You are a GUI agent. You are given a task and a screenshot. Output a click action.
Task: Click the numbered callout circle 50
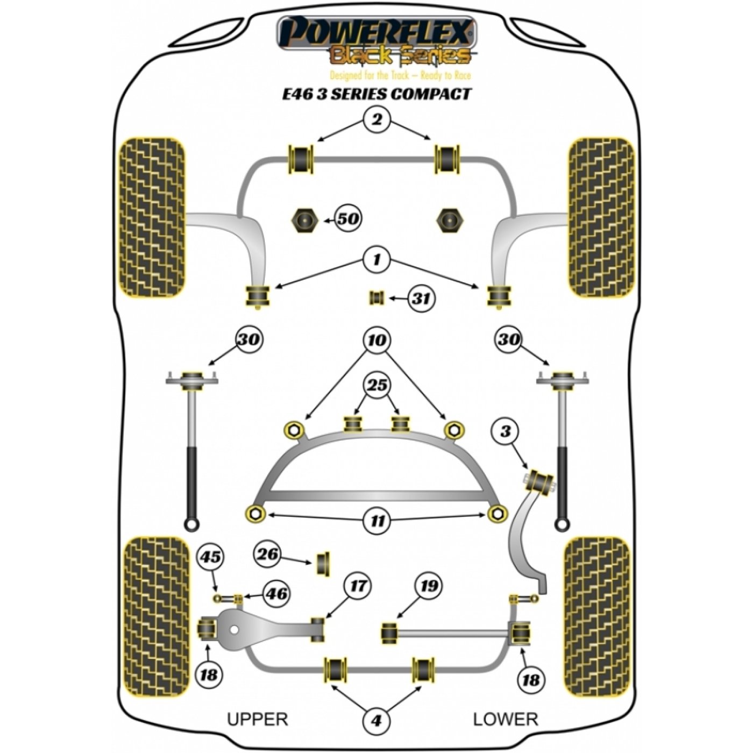pyautogui.click(x=348, y=219)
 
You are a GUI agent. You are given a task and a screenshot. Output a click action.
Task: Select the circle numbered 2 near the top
pyautogui.click(x=376, y=119)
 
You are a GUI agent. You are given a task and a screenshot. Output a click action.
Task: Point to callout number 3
pyautogui.click(x=506, y=431)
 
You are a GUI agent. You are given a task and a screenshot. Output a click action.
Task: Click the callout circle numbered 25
pyautogui.click(x=377, y=385)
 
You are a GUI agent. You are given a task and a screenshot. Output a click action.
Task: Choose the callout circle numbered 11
pyautogui.click(x=377, y=521)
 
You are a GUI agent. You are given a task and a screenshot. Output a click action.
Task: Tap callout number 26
pyautogui.click(x=268, y=553)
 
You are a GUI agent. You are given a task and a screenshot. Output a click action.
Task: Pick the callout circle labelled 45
pyautogui.click(x=211, y=557)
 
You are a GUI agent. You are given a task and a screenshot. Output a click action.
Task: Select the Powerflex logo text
pyautogui.click(x=376, y=34)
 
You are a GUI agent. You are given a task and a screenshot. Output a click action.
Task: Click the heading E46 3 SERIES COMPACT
pyautogui.click(x=377, y=94)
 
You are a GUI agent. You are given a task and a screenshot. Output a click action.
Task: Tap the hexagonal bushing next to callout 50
pyautogui.click(x=304, y=221)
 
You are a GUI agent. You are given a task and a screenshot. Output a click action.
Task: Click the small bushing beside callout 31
pyautogui.click(x=376, y=299)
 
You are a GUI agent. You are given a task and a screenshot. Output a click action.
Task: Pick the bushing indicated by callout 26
pyautogui.click(x=322, y=563)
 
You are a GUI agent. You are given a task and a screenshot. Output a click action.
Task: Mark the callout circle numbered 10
pyautogui.click(x=376, y=340)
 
